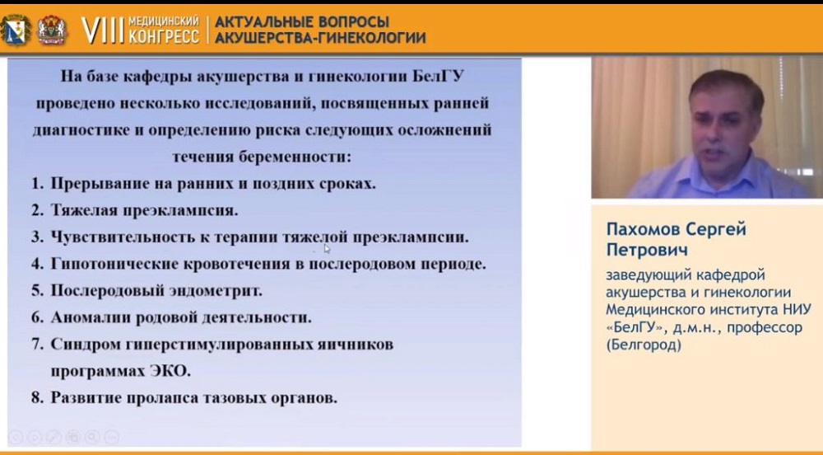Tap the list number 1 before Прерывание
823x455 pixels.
[35, 183]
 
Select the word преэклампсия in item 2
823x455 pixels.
[180, 211]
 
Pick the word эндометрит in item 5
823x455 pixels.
[208, 290]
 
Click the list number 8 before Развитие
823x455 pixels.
[35, 397]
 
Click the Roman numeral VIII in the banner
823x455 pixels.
[103, 30]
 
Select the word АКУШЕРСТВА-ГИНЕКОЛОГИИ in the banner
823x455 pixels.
[320, 38]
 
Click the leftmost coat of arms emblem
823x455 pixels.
[15, 30]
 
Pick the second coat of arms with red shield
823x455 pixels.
[52, 30]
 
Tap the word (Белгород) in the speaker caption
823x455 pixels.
[644, 345]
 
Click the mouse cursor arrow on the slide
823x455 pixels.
[327, 248]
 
